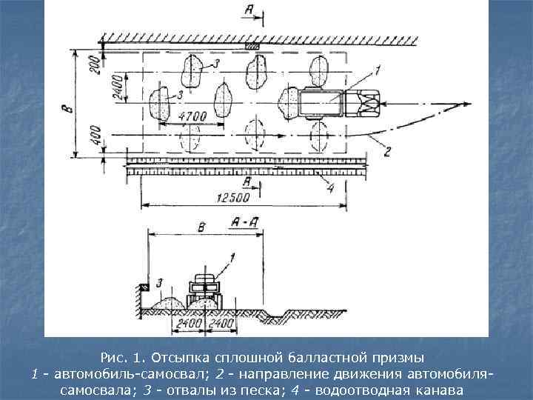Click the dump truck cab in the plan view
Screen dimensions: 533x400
pyautogui.click(x=363, y=102)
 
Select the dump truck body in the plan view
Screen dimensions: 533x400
pyautogui.click(x=320, y=102)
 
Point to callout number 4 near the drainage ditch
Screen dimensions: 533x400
pyautogui.click(x=330, y=187)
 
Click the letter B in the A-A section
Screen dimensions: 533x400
pyautogui.click(x=201, y=225)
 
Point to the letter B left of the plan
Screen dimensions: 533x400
pyautogui.click(x=67, y=107)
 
